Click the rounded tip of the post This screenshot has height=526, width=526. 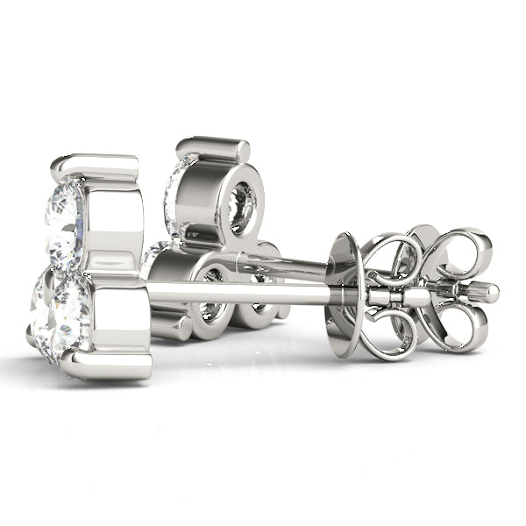click(493, 293)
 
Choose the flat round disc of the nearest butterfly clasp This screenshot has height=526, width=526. click(344, 294)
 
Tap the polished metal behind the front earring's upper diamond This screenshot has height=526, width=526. click(114, 219)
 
